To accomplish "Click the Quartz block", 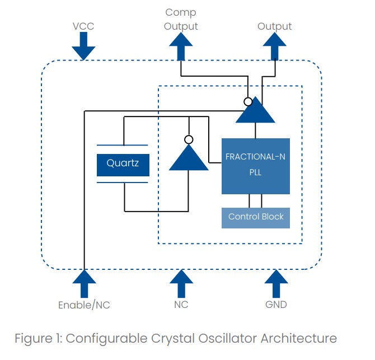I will tap(123, 164).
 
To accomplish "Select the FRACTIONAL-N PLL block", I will tap(255, 166).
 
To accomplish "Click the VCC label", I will tap(83, 26).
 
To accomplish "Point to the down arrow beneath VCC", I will tap(83, 46).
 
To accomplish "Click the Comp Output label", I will tap(181, 20).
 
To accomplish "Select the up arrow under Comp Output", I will tap(181, 46).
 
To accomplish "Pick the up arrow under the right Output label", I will tap(274, 46).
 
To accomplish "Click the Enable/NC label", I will tap(83, 305).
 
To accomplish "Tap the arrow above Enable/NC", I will tap(83, 283).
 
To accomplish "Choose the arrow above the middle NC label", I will tap(181, 283).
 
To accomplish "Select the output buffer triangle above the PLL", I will tap(255, 112).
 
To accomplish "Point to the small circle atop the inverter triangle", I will tap(189, 139).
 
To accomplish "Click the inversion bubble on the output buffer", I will tap(246, 101).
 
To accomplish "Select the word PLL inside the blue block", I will tap(255, 172).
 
